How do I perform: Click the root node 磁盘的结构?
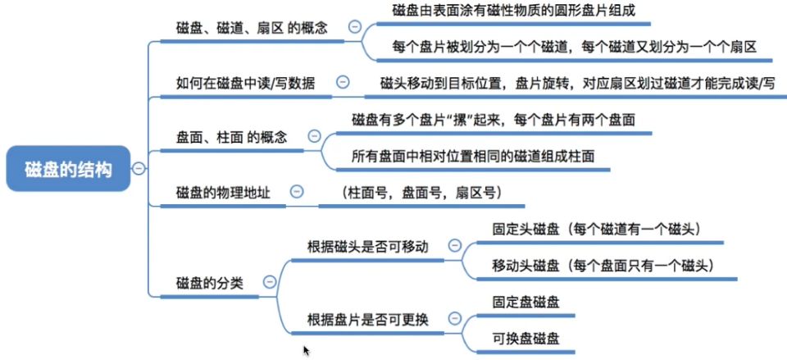point(68,169)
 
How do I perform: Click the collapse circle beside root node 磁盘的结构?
point(139,169)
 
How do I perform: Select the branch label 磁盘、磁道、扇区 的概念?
point(252,27)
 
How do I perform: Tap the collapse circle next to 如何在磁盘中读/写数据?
point(343,81)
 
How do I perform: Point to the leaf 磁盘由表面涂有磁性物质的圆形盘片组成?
point(514,11)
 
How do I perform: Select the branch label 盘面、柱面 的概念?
point(232,137)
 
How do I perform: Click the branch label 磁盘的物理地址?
point(223,192)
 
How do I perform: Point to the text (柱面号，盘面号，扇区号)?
point(421,192)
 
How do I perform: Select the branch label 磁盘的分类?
point(210,282)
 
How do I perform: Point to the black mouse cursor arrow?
point(307,350)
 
